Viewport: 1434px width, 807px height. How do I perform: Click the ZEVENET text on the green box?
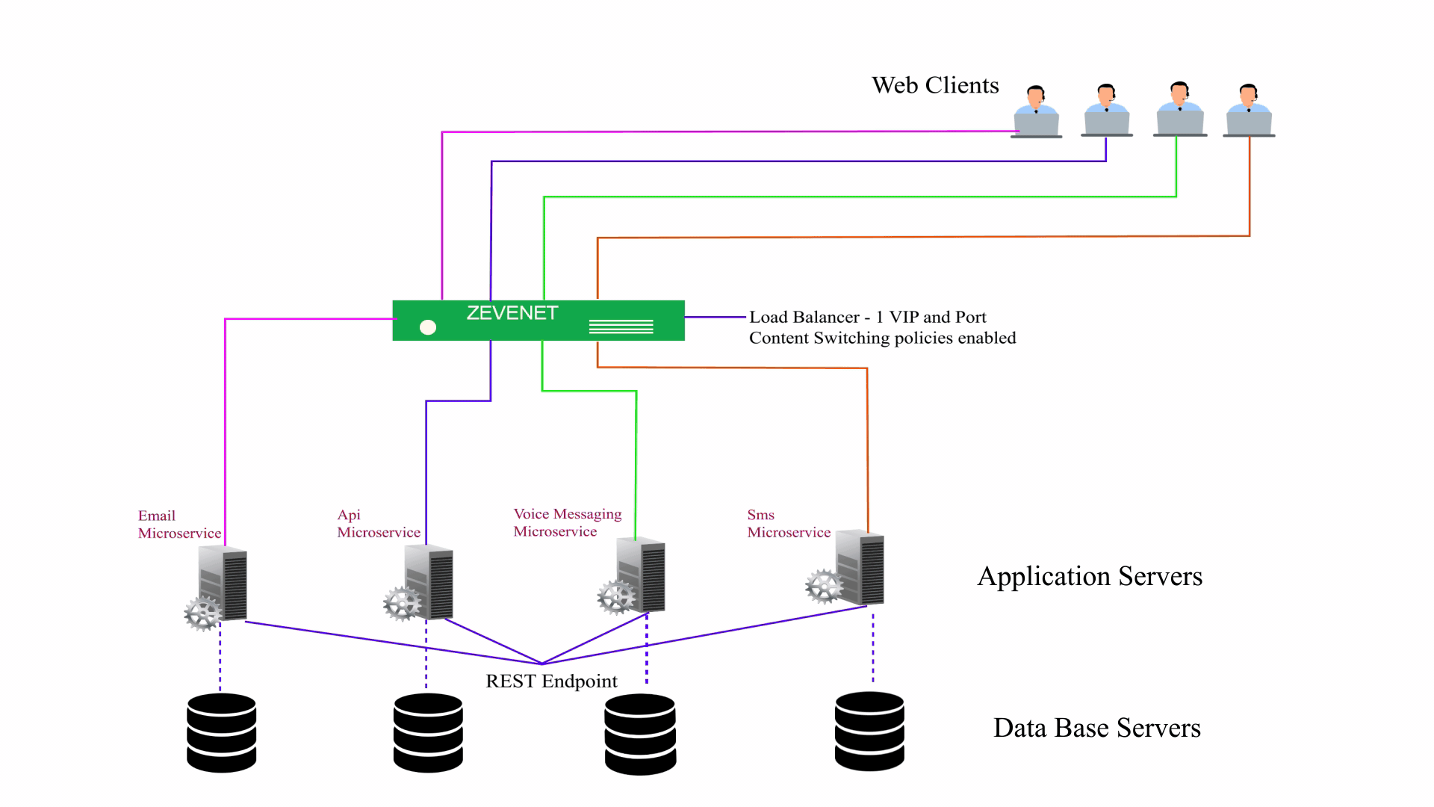click(x=512, y=313)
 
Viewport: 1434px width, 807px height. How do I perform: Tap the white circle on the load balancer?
click(x=428, y=327)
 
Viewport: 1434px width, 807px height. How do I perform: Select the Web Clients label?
click(x=935, y=85)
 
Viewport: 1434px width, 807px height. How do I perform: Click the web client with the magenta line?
click(x=1037, y=112)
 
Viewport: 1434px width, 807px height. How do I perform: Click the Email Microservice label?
click(x=179, y=525)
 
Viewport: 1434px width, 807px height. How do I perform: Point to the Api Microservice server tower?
click(x=429, y=582)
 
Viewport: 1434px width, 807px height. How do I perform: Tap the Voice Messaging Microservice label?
click(x=568, y=522)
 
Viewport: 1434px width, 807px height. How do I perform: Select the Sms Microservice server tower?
click(x=860, y=568)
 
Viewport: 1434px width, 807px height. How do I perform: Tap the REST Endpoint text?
click(x=551, y=681)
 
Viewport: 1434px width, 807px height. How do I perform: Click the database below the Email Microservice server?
click(x=222, y=733)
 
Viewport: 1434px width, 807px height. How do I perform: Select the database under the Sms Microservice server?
click(x=869, y=732)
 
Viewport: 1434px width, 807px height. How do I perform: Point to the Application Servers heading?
click(x=1090, y=576)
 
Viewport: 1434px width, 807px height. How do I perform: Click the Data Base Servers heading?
click(x=1097, y=728)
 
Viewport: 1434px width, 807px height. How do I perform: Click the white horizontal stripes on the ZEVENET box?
click(x=621, y=327)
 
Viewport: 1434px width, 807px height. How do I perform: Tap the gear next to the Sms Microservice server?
click(x=825, y=587)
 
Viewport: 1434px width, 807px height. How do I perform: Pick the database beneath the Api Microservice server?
click(x=428, y=733)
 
